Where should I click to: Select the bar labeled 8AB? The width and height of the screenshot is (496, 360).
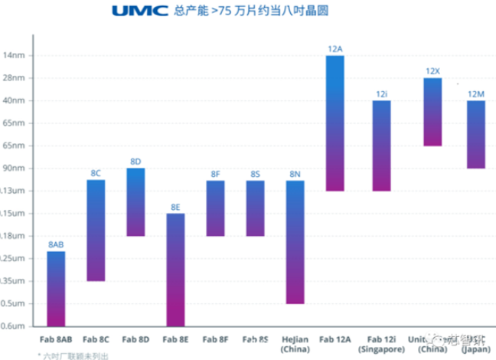click(56, 288)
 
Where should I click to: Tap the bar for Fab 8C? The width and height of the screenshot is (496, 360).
click(96, 230)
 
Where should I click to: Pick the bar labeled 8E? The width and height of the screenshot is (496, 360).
click(175, 269)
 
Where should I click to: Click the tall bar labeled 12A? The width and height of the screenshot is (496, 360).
click(334, 123)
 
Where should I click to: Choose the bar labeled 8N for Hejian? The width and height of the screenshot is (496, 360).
click(295, 241)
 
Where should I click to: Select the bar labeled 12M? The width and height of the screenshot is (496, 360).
click(475, 134)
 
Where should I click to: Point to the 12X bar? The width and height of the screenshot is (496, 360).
click(432, 112)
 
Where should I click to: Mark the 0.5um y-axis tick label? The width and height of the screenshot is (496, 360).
click(13, 303)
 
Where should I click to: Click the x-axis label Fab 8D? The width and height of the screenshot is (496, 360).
click(135, 339)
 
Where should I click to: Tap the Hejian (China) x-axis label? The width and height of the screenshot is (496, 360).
click(295, 342)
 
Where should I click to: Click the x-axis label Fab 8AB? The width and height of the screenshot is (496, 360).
click(56, 339)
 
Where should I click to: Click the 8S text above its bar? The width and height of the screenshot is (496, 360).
click(255, 175)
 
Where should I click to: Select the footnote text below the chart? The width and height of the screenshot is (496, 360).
click(73, 355)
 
